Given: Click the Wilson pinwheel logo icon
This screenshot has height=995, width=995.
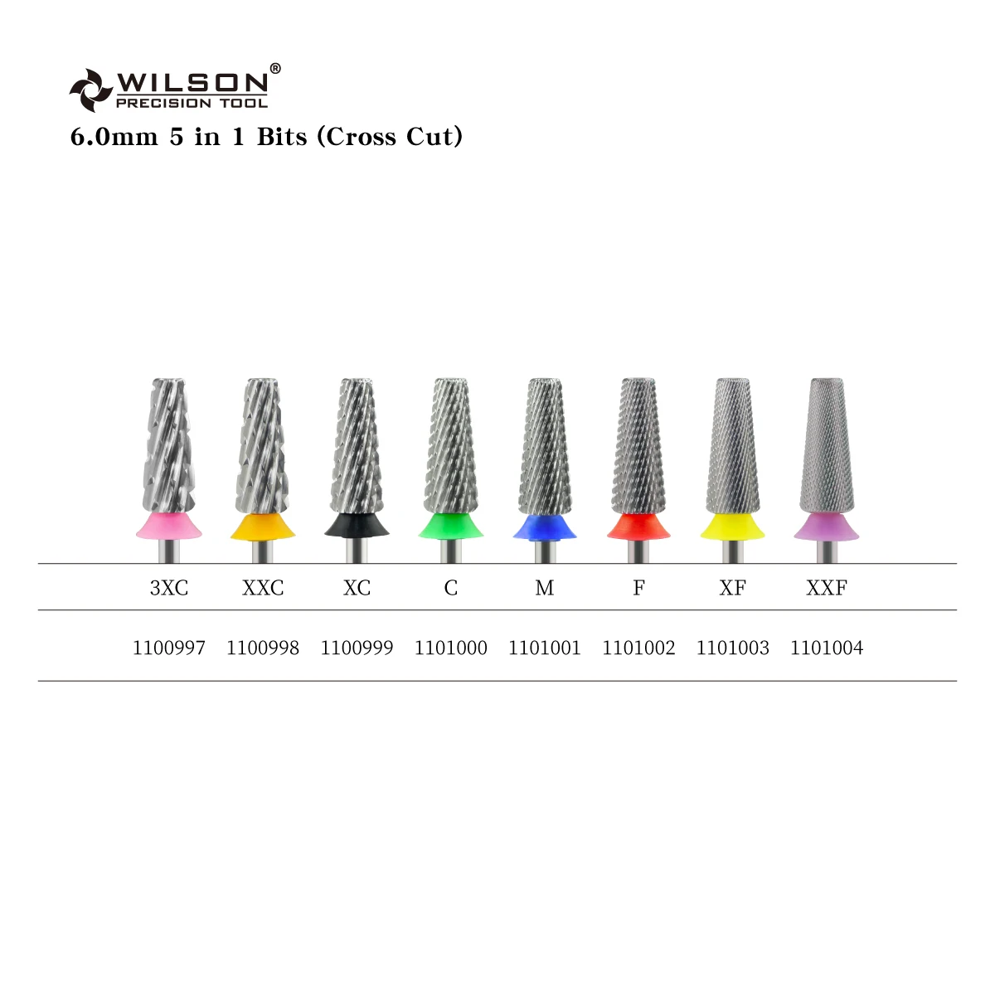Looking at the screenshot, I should point(90,90).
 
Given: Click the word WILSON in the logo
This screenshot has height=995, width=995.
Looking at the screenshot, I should point(192,82).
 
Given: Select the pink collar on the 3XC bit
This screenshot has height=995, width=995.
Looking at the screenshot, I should point(169,526).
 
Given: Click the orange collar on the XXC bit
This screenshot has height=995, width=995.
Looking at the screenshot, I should point(263,526).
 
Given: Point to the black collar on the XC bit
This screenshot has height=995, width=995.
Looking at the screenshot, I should point(357,526).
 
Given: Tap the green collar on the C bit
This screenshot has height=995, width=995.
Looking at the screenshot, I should point(451,526).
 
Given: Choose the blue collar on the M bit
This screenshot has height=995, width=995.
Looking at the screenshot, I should point(545,527).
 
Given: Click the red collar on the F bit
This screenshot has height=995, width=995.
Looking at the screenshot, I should point(638,527).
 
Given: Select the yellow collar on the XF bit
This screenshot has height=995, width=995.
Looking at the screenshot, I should point(732,527).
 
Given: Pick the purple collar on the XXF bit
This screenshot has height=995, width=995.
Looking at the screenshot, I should point(827,527).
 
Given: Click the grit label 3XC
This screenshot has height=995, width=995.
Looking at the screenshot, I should point(169,588).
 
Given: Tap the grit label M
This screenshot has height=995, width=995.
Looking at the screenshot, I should point(545,588).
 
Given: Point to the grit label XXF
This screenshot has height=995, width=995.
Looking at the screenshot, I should point(827,588).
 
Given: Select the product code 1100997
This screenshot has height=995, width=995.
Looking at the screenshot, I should point(169,648).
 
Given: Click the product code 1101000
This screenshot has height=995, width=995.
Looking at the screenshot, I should point(451,648).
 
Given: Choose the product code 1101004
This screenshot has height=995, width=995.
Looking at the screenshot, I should point(827,648).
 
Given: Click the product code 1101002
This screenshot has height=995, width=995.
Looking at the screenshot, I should point(638,648).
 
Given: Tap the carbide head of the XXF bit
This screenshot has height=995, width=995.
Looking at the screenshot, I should point(827,448).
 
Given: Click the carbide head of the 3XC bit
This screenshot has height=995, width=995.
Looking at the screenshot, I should point(169,448).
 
